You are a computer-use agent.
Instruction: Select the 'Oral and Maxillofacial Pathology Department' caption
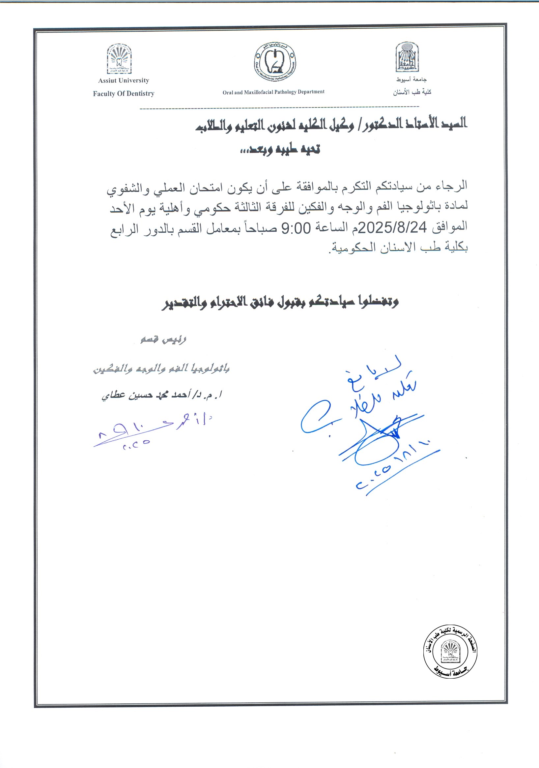pos(273,92)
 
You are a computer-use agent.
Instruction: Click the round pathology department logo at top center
pos(274,62)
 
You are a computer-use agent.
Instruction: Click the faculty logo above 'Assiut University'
pos(119,59)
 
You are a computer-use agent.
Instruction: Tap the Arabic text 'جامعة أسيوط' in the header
pos(411,80)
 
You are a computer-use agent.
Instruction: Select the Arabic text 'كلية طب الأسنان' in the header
pos(412,92)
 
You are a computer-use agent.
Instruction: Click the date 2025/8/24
pos(392,228)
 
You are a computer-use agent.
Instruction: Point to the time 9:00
pos(296,228)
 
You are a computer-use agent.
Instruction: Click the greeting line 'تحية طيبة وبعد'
pos(280,149)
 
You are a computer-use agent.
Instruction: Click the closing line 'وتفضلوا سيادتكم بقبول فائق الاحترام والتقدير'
pos(280,302)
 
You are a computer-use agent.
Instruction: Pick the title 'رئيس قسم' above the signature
pos(163,340)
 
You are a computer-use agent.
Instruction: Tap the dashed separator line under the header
pos(279,108)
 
